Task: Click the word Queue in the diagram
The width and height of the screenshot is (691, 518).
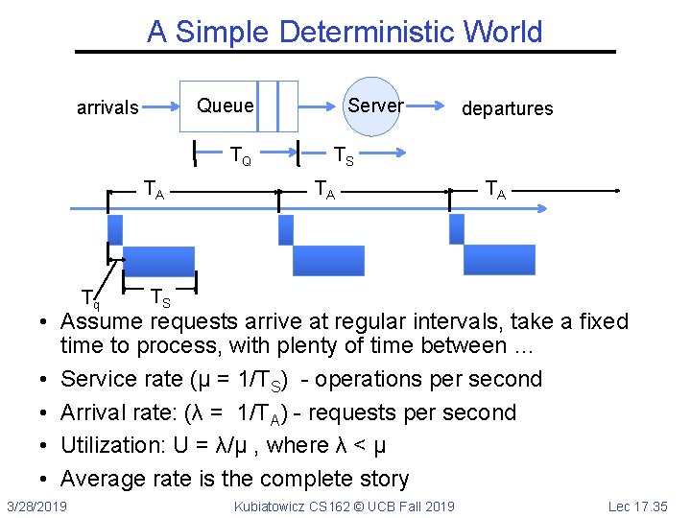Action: [x=226, y=106]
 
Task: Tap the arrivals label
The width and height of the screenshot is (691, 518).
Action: [x=107, y=107]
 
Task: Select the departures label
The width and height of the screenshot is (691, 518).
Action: [x=507, y=108]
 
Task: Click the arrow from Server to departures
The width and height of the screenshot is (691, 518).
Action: [x=432, y=106]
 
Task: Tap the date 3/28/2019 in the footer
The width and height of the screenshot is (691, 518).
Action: [x=36, y=506]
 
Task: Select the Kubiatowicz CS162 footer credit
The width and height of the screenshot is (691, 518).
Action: [x=345, y=506]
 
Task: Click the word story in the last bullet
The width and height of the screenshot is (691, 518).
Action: [x=381, y=479]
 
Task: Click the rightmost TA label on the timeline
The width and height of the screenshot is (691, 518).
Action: [x=496, y=191]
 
